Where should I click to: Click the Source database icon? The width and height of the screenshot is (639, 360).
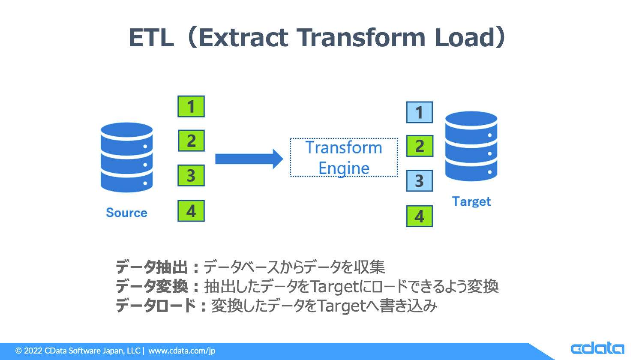pos(127,157)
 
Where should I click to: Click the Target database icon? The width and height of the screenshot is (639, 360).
pos(471,146)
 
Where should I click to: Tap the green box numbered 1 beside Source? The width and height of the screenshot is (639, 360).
pos(191,106)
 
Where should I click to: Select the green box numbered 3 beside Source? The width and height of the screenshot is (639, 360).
pos(191,175)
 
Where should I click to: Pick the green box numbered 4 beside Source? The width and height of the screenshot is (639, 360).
pos(191,211)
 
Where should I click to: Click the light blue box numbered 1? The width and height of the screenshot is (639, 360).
pos(420,112)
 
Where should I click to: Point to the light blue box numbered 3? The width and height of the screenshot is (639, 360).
pos(420,181)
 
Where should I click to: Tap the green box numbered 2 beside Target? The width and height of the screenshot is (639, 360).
pos(420,146)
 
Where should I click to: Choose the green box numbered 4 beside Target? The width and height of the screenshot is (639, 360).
pos(420,216)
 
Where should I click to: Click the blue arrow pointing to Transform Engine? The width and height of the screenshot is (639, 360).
pos(249,159)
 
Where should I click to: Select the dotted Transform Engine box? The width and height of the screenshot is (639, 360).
pos(344,157)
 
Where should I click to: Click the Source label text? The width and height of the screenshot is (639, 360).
pos(127,213)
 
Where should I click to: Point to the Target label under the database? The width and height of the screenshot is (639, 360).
pos(471,202)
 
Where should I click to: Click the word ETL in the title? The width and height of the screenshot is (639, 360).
pos(151,38)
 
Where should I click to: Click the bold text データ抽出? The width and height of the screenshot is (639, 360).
pos(152,267)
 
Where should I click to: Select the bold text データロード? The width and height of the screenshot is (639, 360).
pos(156,306)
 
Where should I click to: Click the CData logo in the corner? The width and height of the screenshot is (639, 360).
pos(597,348)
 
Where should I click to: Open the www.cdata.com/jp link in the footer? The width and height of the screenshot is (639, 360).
pos(182,351)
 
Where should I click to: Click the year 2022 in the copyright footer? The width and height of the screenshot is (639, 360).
pos(33,351)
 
